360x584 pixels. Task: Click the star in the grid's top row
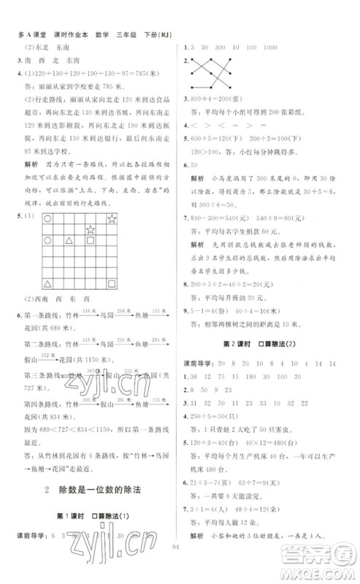pos(112,218)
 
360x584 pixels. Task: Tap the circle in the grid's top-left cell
pos(48,218)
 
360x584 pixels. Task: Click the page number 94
pos(180,564)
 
